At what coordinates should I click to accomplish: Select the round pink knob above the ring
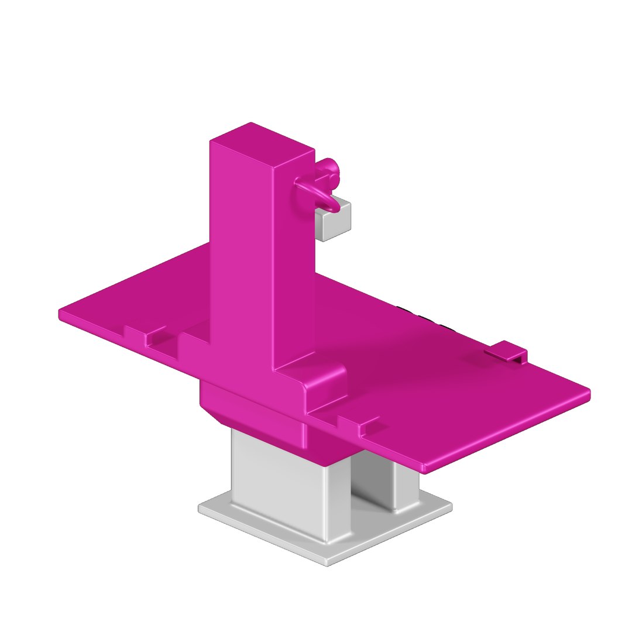click(x=329, y=167)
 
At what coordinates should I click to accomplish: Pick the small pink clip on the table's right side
click(x=506, y=351)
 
